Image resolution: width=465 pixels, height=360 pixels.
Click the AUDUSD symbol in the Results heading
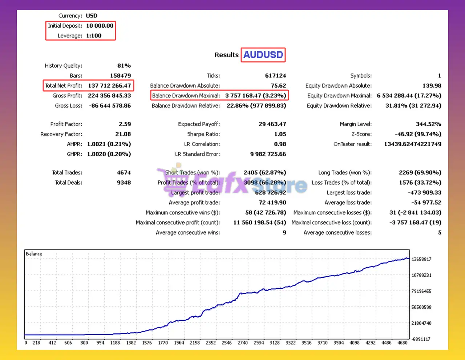pyautogui.click(x=263, y=55)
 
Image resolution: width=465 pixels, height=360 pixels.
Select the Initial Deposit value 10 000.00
pyautogui.click(x=100, y=26)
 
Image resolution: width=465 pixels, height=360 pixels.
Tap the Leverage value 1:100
pyautogui.click(x=94, y=36)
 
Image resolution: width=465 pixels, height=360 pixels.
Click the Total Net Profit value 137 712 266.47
pyautogui.click(x=109, y=86)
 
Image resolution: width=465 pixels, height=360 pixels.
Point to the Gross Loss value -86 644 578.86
pyautogui.click(x=110, y=106)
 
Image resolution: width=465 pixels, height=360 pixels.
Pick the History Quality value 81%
pyautogui.click(x=124, y=66)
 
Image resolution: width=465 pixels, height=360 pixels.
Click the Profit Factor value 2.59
pyautogui.click(x=125, y=124)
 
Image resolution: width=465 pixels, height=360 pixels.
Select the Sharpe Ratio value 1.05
pyautogui.click(x=280, y=134)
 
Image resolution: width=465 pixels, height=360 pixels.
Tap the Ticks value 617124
pyautogui.click(x=275, y=76)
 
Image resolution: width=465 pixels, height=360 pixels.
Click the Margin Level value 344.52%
pyautogui.click(x=428, y=124)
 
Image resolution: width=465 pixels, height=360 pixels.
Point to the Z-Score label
pyautogui.click(x=361, y=134)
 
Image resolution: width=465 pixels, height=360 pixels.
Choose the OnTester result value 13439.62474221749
pyautogui.click(x=413, y=144)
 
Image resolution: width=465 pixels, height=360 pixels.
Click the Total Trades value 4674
pyautogui.click(x=124, y=173)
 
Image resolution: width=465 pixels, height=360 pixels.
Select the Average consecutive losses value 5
pyautogui.click(x=440, y=233)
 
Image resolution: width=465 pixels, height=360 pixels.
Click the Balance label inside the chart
pyautogui.click(x=34, y=254)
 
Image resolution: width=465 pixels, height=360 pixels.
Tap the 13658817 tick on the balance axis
pyautogui.click(x=421, y=259)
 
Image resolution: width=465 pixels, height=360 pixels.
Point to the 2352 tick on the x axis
pyautogui.click(x=211, y=343)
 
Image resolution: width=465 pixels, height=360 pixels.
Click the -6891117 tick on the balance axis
pyautogui.click(x=421, y=339)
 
